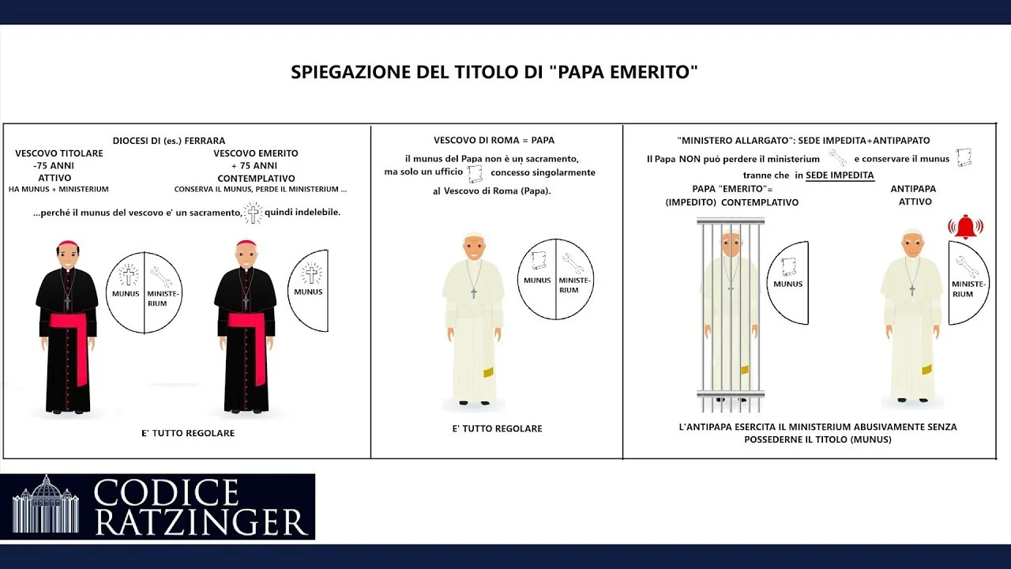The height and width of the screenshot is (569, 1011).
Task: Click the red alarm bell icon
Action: (x=965, y=227)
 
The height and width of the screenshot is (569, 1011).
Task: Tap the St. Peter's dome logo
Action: (x=46, y=504)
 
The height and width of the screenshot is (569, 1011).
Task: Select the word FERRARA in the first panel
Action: (x=205, y=141)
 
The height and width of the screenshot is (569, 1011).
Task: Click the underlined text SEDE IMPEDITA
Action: (x=840, y=175)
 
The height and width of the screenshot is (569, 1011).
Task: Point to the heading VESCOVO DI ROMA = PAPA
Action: (x=494, y=140)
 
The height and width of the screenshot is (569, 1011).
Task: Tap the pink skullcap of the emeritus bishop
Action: (x=246, y=243)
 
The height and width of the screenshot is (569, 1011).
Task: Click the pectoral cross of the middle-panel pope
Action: (x=473, y=293)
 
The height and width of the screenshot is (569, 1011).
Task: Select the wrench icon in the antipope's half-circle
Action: (x=966, y=266)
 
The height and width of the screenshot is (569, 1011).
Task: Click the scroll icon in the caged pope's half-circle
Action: (x=788, y=267)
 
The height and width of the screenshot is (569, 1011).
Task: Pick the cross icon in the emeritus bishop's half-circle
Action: (x=311, y=273)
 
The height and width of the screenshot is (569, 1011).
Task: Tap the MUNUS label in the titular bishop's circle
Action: (x=126, y=293)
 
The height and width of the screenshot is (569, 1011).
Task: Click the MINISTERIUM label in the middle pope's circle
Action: (x=574, y=285)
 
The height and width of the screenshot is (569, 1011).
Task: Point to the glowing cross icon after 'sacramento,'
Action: (x=254, y=213)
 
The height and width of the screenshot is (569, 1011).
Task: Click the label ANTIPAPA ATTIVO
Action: (x=914, y=195)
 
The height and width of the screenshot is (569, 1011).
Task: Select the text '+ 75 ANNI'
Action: (x=256, y=165)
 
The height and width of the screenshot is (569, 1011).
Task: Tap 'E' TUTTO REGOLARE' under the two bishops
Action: (x=188, y=432)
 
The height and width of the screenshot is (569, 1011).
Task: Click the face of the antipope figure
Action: (x=912, y=245)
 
